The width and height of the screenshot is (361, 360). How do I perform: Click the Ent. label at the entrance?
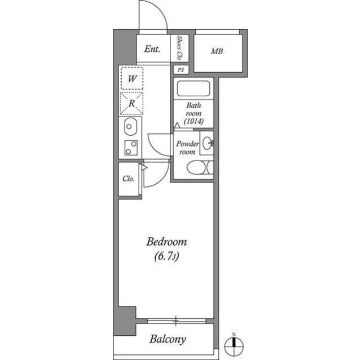[152, 49]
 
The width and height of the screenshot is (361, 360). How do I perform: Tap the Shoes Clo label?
[180, 48]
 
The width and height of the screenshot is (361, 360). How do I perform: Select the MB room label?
[217, 52]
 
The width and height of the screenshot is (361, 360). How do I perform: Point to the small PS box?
[180, 70]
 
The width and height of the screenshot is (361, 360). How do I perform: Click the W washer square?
[131, 78]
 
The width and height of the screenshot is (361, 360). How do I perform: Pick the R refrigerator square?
[131, 103]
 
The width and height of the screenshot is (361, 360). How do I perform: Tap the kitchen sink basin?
[129, 127]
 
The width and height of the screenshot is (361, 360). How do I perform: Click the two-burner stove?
[130, 148]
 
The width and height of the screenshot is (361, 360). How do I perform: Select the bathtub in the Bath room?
[193, 89]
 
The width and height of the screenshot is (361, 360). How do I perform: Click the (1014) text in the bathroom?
[193, 121]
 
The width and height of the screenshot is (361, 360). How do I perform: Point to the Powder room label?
[187, 148]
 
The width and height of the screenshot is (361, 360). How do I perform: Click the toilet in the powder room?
[197, 168]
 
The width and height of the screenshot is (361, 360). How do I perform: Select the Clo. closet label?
[129, 179]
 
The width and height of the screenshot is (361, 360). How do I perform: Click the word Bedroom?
[166, 242]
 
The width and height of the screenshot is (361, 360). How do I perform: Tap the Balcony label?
[167, 340]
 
